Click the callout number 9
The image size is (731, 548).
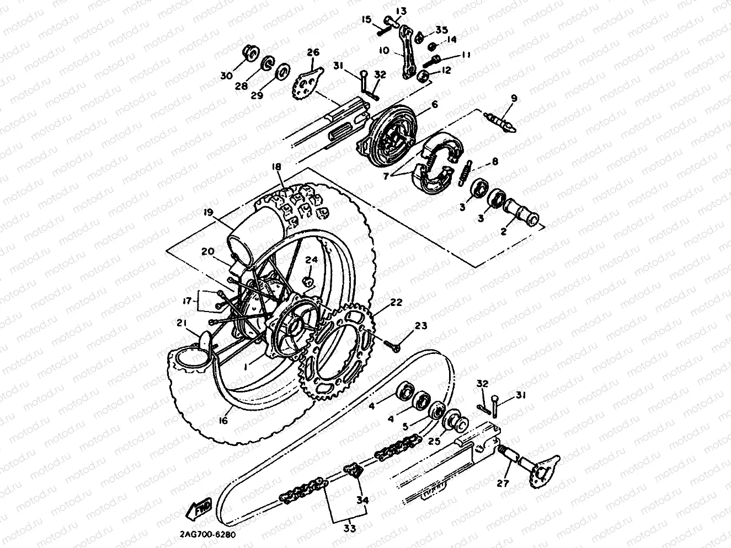click(x=514, y=99)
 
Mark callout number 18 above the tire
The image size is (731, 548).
click(x=276, y=166)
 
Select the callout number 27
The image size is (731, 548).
click(x=501, y=483)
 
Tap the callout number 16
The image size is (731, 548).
click(x=223, y=420)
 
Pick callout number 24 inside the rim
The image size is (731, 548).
click(x=312, y=260)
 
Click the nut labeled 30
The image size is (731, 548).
click(x=250, y=54)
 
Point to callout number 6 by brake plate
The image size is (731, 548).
click(x=435, y=105)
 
